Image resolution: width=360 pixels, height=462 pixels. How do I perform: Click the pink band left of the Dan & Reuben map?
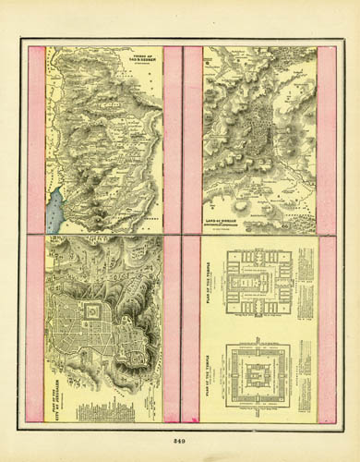pyautogui.click(x=36, y=139)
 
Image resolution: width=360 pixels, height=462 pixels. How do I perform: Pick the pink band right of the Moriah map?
pyautogui.click(x=326, y=139)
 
